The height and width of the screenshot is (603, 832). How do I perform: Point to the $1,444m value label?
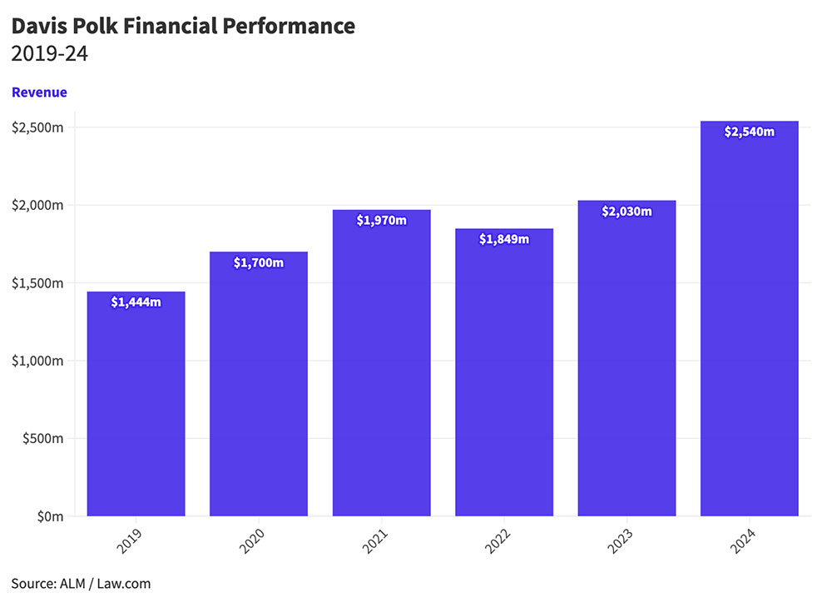[x=136, y=301]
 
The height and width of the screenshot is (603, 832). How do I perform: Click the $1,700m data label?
[x=259, y=263]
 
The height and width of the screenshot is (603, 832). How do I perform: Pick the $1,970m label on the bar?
[x=382, y=220]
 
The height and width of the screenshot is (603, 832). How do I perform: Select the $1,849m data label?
[x=504, y=239]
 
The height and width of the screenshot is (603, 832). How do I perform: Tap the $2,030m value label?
[x=626, y=211]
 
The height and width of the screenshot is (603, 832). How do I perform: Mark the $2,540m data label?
[x=750, y=132]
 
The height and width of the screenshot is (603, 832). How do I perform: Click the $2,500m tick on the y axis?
[x=38, y=127]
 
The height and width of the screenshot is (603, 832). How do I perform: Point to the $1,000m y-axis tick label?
[x=38, y=361]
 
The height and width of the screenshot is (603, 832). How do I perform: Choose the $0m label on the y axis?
[x=49, y=516]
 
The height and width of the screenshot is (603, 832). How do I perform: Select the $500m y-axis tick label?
[x=42, y=438]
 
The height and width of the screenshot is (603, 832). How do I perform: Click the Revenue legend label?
[x=39, y=92]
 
